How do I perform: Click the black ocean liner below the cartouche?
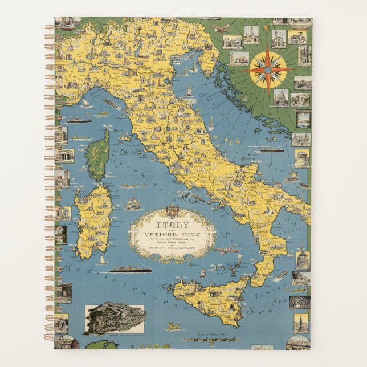coord(131,268)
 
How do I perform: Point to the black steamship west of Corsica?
coord(74,120)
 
